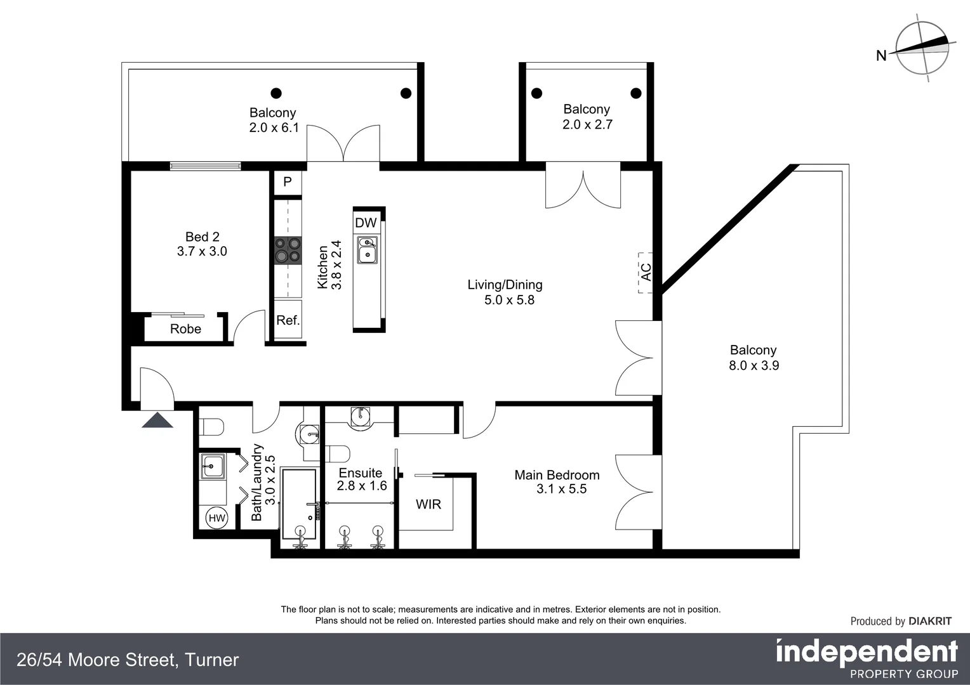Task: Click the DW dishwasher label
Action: (366, 223)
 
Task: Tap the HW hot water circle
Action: (217, 518)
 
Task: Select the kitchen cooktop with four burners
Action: (288, 251)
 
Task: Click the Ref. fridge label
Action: (288, 320)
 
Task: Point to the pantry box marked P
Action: (288, 182)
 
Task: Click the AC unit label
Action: (646, 272)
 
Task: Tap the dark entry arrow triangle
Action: (157, 420)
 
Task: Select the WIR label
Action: (429, 504)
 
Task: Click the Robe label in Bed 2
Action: (186, 329)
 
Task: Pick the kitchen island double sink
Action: (367, 250)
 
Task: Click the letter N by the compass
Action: (881, 56)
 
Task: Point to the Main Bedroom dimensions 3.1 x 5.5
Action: (561, 489)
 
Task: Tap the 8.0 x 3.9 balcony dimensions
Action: (754, 366)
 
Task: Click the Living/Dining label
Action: (505, 285)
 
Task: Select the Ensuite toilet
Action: (338, 454)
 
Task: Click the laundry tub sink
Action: (212, 466)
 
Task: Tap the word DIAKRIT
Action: (930, 622)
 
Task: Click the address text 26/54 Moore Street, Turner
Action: (128, 660)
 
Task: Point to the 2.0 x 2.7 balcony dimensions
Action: (587, 124)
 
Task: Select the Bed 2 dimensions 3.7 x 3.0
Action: (202, 251)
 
